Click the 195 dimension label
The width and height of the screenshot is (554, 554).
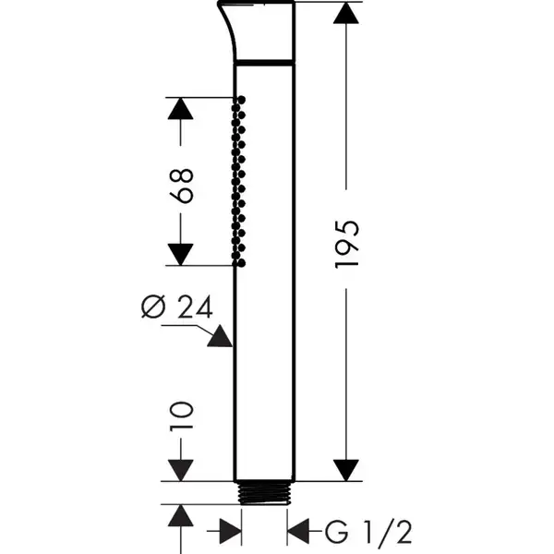click(346, 245)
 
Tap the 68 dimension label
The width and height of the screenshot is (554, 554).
click(181, 186)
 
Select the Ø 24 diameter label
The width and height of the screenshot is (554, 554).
click(177, 307)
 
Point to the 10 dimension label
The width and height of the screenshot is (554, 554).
click(181, 416)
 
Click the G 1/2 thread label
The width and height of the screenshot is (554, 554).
click(368, 531)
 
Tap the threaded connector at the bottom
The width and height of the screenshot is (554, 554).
click(264, 493)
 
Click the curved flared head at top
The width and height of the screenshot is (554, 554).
click(256, 30)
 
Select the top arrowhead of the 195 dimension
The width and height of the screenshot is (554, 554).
click(346, 14)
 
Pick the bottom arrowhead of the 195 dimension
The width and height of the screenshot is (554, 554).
click(346, 470)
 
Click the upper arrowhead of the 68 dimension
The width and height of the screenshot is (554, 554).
click(181, 108)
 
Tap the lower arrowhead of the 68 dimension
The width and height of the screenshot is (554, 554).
click(181, 255)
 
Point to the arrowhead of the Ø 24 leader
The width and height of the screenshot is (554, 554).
click(221, 336)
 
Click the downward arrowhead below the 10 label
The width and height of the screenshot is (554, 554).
click(181, 470)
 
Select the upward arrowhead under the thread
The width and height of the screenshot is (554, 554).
click(181, 516)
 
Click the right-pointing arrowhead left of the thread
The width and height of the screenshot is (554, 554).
click(230, 532)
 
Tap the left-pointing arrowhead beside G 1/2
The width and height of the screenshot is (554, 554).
click(298, 532)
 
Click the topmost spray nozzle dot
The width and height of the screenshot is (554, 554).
click(242, 100)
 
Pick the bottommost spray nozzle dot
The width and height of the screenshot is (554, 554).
click(242, 263)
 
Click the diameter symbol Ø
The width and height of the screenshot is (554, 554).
click(153, 307)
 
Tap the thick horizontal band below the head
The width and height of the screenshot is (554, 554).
click(264, 63)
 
